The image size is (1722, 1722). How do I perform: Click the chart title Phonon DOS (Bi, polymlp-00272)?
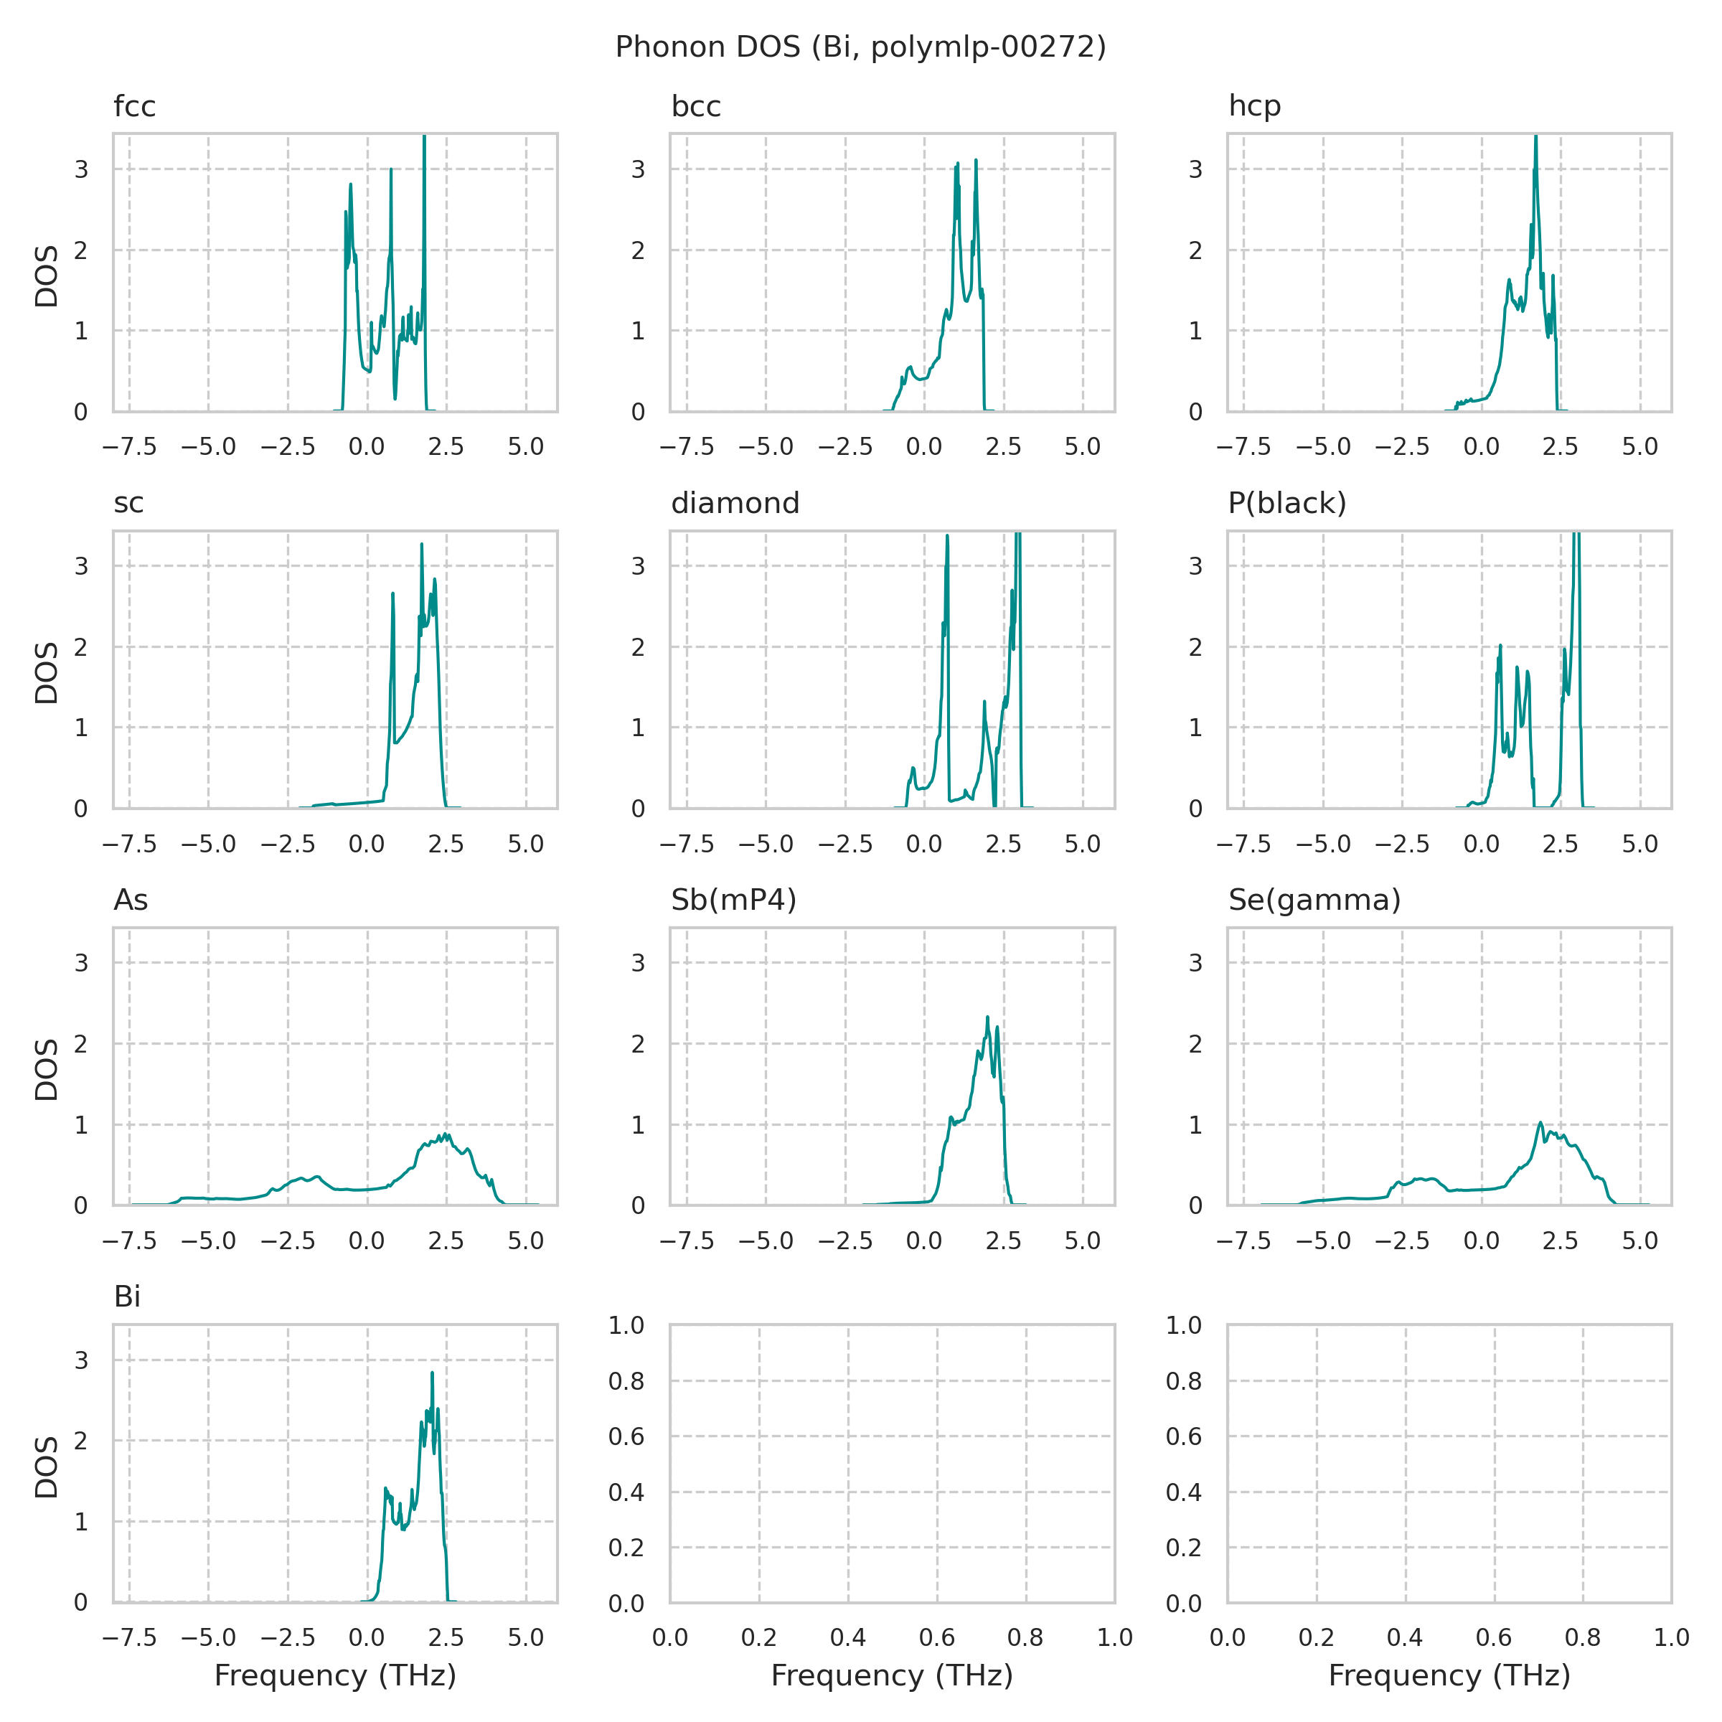(860, 47)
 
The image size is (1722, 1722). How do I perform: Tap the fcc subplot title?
(135, 107)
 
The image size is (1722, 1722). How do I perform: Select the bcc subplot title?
(695, 107)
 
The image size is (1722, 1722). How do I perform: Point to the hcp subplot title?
(1254, 107)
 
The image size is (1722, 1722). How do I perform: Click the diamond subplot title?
(735, 504)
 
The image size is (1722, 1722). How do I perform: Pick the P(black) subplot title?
(1286, 504)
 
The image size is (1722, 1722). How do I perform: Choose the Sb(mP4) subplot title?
(733, 900)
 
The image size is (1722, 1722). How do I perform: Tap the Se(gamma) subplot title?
(1314, 900)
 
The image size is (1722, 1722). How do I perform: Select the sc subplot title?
(128, 504)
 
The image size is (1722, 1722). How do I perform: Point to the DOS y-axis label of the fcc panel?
(47, 276)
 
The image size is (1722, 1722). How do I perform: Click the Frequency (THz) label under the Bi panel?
(335, 1675)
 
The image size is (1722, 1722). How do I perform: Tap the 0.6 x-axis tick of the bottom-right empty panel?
(1494, 1637)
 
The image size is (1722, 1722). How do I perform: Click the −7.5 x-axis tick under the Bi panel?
(129, 1637)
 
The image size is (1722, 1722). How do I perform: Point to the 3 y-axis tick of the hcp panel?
(1195, 169)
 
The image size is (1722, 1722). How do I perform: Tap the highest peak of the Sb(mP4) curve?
(987, 1017)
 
